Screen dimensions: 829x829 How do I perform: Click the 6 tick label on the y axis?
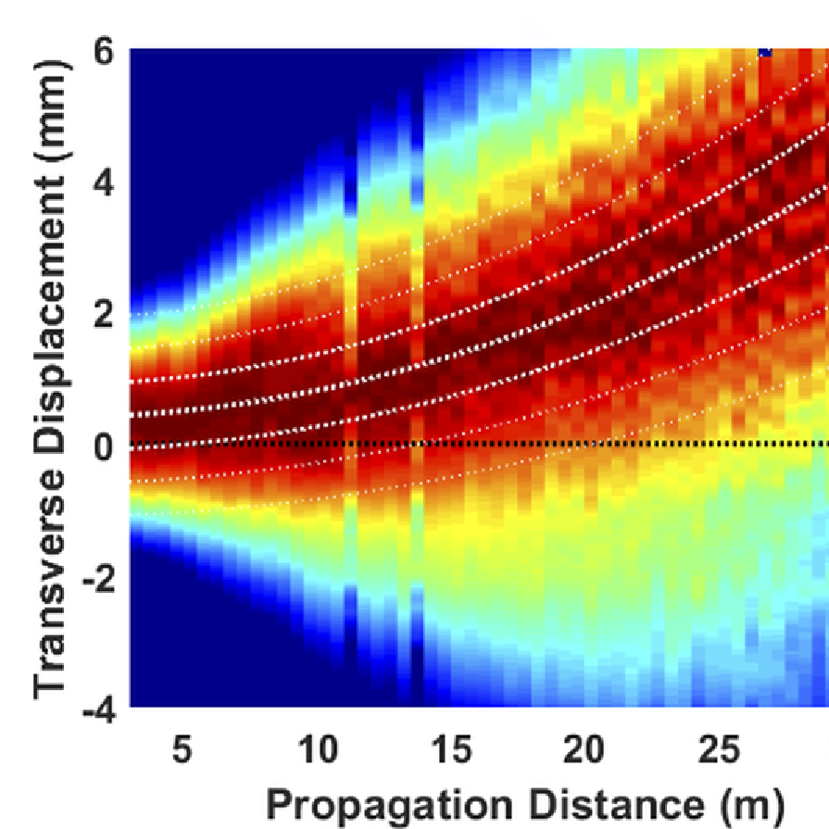[105, 52]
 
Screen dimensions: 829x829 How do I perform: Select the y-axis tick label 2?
[105, 314]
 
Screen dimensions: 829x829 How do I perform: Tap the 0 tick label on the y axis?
[105, 446]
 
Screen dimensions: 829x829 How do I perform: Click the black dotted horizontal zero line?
[648, 446]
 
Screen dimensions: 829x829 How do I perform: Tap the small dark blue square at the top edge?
[764, 53]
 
